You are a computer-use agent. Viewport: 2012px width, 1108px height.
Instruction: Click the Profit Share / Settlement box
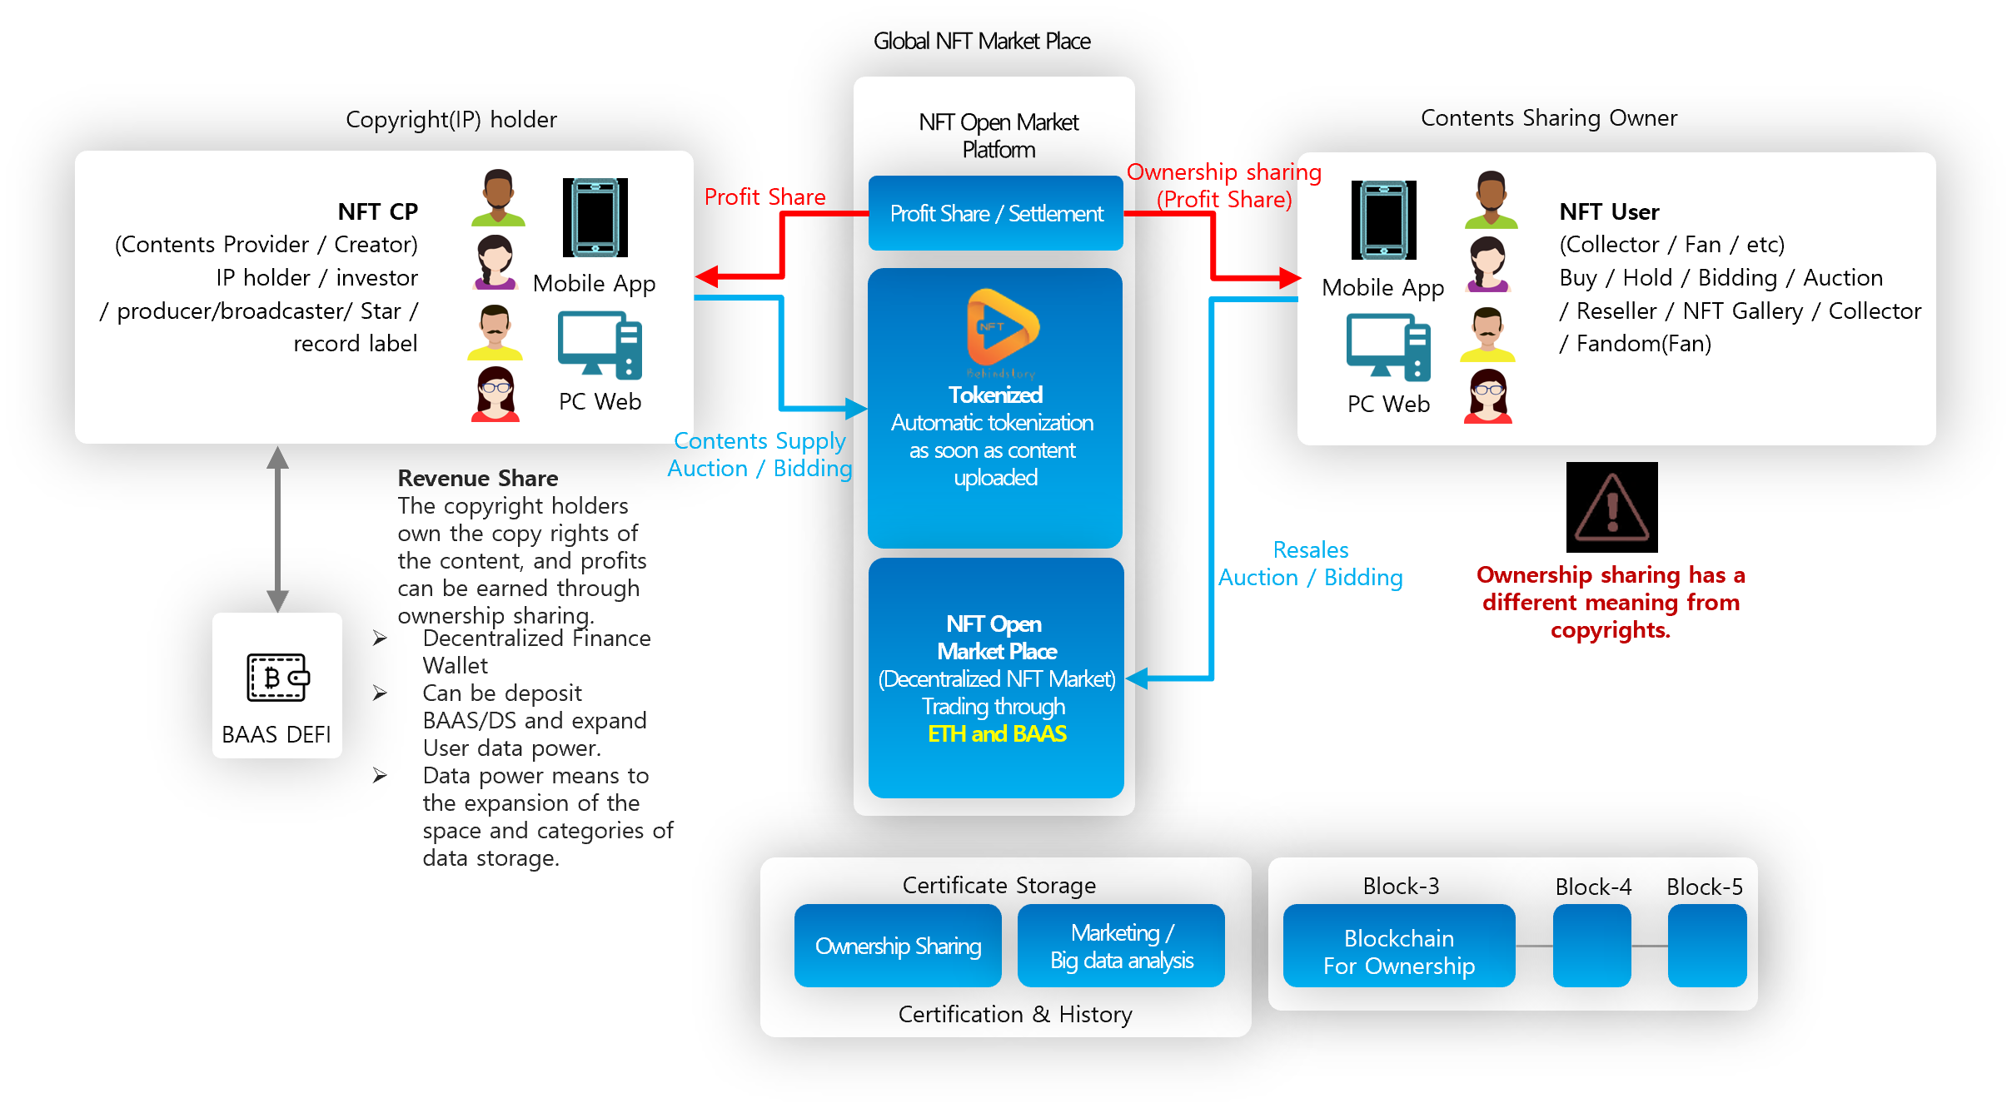(x=995, y=213)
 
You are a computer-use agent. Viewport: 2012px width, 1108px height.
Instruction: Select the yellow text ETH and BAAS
(x=997, y=734)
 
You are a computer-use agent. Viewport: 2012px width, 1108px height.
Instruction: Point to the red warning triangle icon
(x=1611, y=509)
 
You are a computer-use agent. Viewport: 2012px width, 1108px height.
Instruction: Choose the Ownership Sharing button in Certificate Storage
(x=898, y=947)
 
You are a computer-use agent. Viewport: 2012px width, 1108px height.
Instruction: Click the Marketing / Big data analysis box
(x=1121, y=947)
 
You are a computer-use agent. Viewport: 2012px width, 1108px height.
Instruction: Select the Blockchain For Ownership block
(x=1399, y=947)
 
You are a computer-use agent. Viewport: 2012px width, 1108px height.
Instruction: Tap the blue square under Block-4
(x=1591, y=947)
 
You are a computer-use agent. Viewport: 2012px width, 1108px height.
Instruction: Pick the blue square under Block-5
(x=1706, y=947)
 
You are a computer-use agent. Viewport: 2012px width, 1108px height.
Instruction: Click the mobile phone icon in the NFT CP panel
(x=595, y=218)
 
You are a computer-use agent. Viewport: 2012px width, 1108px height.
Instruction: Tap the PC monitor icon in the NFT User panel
(x=1388, y=346)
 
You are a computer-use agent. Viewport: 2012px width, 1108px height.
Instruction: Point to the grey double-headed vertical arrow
(x=277, y=529)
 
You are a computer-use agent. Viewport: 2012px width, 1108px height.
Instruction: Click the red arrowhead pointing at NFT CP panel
(x=707, y=276)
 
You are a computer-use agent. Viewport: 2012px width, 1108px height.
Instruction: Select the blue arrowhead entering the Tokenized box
(x=857, y=409)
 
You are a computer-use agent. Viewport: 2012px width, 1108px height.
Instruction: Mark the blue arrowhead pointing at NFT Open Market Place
(x=1138, y=678)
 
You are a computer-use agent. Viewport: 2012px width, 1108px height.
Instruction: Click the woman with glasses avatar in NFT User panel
(x=1488, y=396)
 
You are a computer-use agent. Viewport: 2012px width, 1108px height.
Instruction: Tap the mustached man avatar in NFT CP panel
(x=496, y=332)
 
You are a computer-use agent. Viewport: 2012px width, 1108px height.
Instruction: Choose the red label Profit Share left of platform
(x=764, y=197)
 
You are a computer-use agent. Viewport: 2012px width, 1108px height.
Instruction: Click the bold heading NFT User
(x=1609, y=212)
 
